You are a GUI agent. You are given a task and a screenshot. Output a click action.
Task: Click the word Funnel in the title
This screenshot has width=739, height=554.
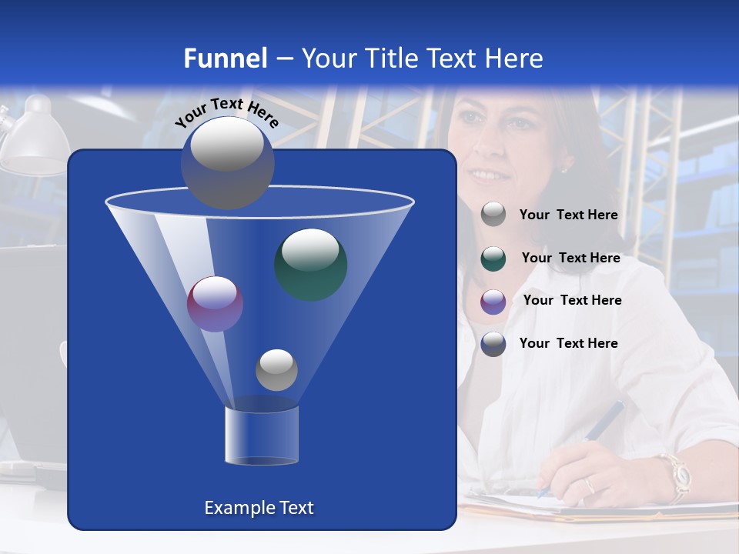coord(225,58)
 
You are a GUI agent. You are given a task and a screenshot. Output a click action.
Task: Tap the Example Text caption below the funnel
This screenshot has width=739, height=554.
coord(259,508)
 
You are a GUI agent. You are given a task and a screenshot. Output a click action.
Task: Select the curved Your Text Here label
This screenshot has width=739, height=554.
coord(226,112)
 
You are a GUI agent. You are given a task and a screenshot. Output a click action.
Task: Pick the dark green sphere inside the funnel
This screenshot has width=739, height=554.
coord(310,264)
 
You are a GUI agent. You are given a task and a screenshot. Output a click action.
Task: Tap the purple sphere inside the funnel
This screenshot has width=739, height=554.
coord(215,304)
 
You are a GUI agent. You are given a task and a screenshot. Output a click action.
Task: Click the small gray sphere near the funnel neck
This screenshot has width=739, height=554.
coord(276,370)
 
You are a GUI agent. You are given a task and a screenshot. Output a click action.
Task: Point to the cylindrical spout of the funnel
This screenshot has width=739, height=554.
coord(262,436)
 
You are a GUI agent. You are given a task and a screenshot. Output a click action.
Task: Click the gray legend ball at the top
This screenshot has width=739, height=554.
coord(493,215)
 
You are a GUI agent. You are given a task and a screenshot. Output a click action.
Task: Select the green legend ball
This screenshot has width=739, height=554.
coord(493,259)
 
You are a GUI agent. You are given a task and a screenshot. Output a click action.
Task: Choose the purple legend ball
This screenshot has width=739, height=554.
coord(493,301)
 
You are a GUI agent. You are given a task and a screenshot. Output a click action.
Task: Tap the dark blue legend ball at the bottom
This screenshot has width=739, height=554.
coord(493,344)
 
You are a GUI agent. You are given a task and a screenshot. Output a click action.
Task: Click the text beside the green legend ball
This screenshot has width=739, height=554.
coord(570,258)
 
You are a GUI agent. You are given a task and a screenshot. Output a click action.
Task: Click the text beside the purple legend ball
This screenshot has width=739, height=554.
coord(572,300)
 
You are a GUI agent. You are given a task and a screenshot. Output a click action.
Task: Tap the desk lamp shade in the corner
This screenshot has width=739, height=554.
coord(35,142)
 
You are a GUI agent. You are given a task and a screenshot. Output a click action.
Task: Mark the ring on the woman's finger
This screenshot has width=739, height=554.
coord(589,486)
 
